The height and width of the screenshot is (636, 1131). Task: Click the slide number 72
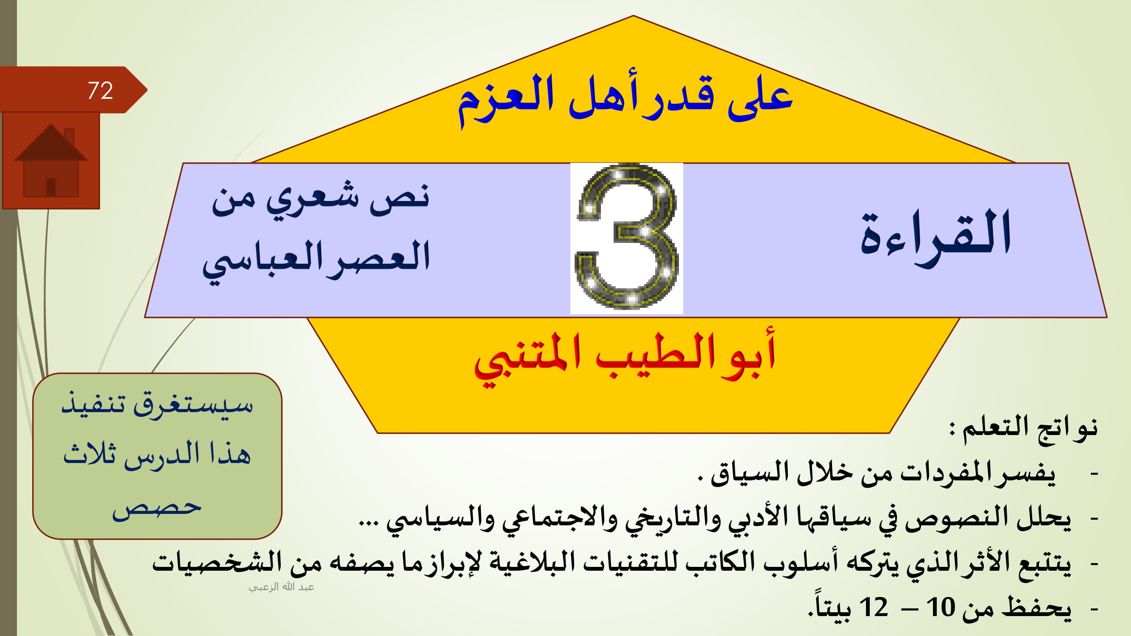[100, 90]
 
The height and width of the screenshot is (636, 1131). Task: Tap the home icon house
[51, 160]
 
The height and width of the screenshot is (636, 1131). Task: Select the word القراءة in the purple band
[936, 237]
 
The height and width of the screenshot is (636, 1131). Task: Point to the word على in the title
[760, 99]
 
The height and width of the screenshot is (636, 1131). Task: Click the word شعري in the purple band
[312, 199]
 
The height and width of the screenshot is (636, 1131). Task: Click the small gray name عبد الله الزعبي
[282, 587]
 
